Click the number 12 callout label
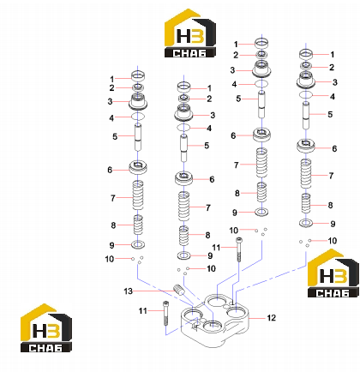coord(272,318)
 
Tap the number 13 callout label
coord(128,291)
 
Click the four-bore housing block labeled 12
coord(215,321)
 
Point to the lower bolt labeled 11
coord(165,313)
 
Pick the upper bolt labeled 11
coord(239,249)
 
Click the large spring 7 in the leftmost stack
coord(138,195)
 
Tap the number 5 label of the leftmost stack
coord(115,136)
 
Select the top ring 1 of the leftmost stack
coord(138,76)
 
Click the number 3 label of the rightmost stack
coord(335,82)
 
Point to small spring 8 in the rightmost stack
coord(306,203)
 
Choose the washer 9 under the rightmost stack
coord(306,223)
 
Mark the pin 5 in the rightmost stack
coord(306,115)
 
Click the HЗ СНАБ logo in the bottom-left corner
coord(46,327)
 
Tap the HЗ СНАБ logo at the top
coord(190,33)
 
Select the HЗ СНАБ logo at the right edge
coord(333,273)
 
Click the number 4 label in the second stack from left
coord(209,129)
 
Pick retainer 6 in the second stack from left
coord(183,178)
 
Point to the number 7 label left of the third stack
coord(236,165)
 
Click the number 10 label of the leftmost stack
coord(110,259)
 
